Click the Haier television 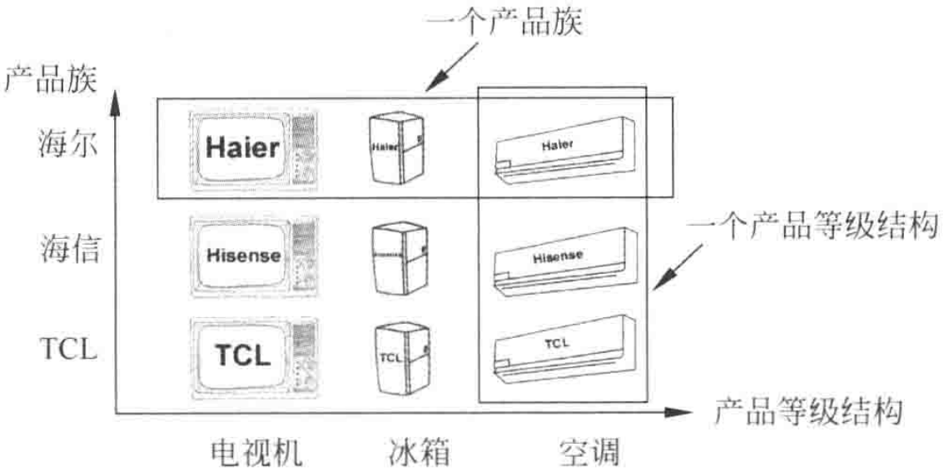[x=253, y=151]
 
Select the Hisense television [x=253, y=256]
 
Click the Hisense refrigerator [x=399, y=257]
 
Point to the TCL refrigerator [x=402, y=358]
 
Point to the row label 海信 [x=69, y=249]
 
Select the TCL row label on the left [x=68, y=349]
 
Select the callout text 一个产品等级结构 [x=814, y=225]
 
